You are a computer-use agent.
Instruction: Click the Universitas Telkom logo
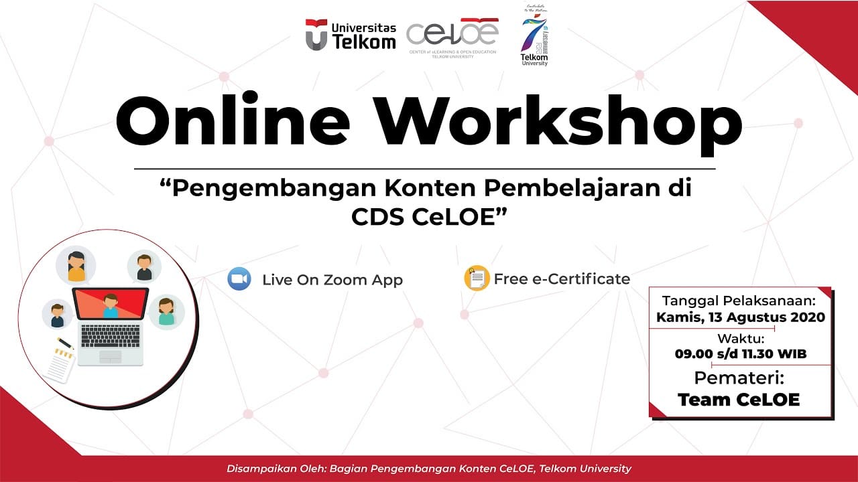point(350,35)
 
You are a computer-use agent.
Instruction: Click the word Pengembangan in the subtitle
point(267,188)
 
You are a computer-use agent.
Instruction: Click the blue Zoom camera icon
point(239,278)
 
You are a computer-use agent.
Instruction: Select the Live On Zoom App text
point(332,280)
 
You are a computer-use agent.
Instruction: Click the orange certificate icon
point(477,278)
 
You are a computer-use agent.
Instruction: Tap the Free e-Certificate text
point(562,278)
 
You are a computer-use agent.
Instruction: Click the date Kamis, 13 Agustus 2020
point(740,317)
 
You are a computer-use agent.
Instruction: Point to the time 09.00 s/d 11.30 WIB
point(740,353)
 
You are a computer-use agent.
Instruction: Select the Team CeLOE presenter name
point(739,400)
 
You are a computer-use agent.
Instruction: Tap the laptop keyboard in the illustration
point(111,334)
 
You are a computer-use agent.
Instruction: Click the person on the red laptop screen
point(111,306)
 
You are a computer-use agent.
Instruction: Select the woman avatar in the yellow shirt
point(76,265)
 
